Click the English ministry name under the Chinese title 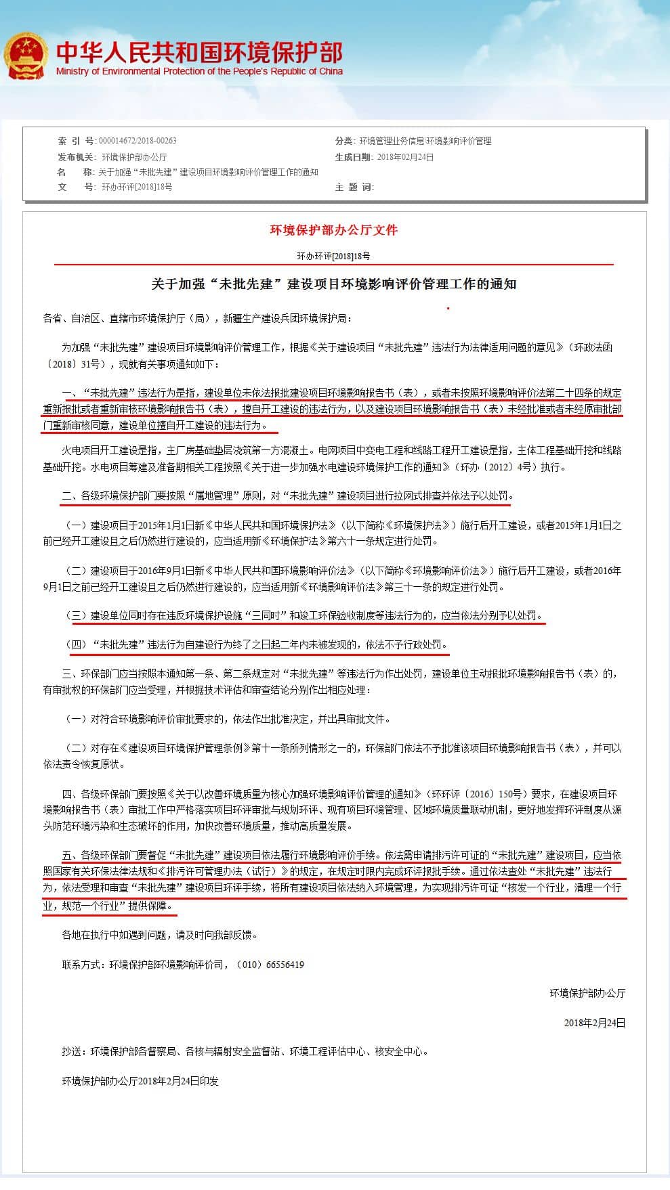pyautogui.click(x=199, y=72)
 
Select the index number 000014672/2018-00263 pyautogui.click(x=138, y=141)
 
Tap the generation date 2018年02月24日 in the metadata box pyautogui.click(x=404, y=157)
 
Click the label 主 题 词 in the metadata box pyautogui.click(x=354, y=187)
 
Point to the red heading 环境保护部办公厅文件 pyautogui.click(x=334, y=230)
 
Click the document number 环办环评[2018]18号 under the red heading pyautogui.click(x=334, y=257)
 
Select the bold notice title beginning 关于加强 pyautogui.click(x=334, y=284)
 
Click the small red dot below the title pyautogui.click(x=448, y=308)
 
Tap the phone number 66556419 pyautogui.click(x=285, y=965)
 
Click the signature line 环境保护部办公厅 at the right pyautogui.click(x=587, y=993)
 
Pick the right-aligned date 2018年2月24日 pyautogui.click(x=595, y=1023)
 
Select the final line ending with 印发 pyautogui.click(x=140, y=1081)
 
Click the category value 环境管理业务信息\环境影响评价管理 pyautogui.click(x=425, y=141)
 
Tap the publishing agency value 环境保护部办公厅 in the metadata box pyautogui.click(x=134, y=157)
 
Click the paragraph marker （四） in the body pyautogui.click(x=78, y=644)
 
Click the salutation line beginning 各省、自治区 pyautogui.click(x=197, y=318)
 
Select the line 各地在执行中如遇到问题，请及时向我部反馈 pyautogui.click(x=159, y=935)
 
